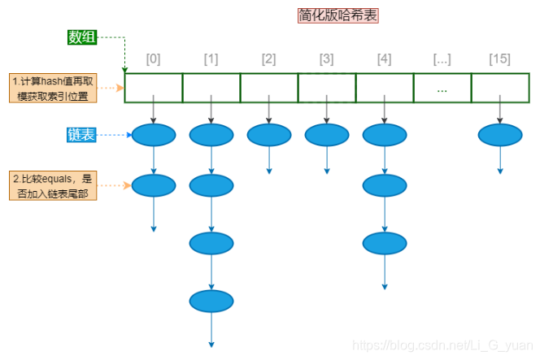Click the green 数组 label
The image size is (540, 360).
tap(82, 37)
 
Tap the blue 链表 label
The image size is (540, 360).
tap(82, 135)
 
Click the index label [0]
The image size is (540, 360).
tap(154, 59)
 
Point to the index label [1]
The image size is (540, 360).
tap(211, 59)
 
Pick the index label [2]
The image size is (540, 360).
tap(269, 59)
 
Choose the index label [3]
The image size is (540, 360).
tap(327, 59)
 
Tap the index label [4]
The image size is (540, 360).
tap(385, 59)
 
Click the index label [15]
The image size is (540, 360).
tap(499, 59)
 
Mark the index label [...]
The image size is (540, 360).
tap(442, 59)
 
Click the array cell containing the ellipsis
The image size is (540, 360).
tap(442, 88)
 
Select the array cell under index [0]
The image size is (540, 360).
tap(154, 88)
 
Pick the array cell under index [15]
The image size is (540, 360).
tap(499, 88)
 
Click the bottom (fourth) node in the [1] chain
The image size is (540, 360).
tap(211, 301)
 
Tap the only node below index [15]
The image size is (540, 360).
tap(500, 135)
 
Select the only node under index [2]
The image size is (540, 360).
tap(269, 135)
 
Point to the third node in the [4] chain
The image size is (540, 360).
tap(385, 242)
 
